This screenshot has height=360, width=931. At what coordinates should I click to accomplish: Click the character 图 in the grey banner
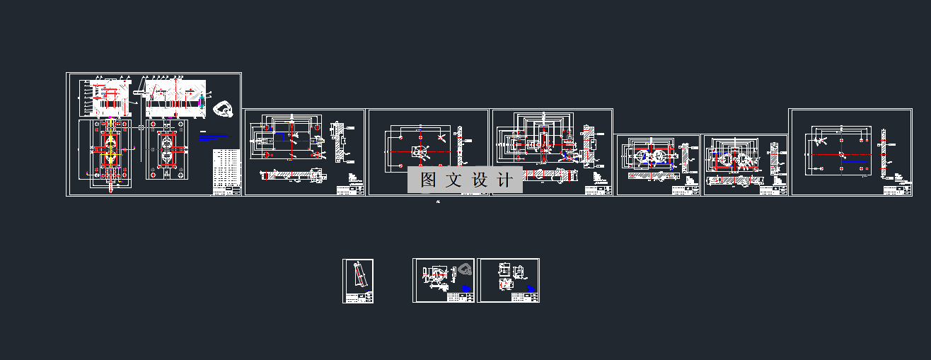point(428,180)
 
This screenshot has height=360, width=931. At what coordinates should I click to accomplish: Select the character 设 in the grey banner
point(480,180)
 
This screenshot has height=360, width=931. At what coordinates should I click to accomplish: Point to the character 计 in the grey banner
point(505,180)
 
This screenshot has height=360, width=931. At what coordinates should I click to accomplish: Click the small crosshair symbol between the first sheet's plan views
point(141,127)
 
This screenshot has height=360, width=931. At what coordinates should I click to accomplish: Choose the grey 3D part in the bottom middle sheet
point(464,269)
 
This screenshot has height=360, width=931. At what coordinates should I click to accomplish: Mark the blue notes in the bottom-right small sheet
point(531,289)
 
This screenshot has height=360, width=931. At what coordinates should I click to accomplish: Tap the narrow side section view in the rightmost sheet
point(884,152)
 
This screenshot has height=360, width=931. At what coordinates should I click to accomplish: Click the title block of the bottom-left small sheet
point(363,298)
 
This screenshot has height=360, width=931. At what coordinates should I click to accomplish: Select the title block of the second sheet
point(350,190)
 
